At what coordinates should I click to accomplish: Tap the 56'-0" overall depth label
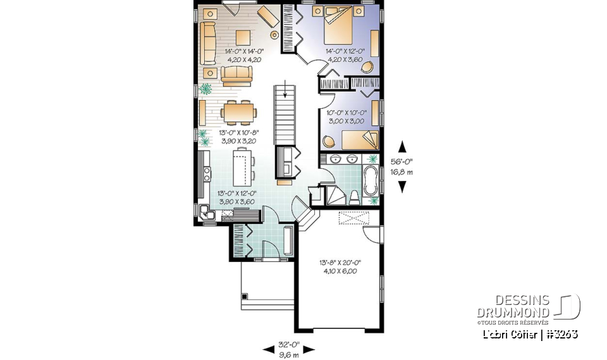coord(403,161)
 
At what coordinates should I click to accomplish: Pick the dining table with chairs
coord(240,113)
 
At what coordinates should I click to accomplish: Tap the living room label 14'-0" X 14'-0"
coord(243,52)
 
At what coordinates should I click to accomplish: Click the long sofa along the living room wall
coord(207,42)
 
